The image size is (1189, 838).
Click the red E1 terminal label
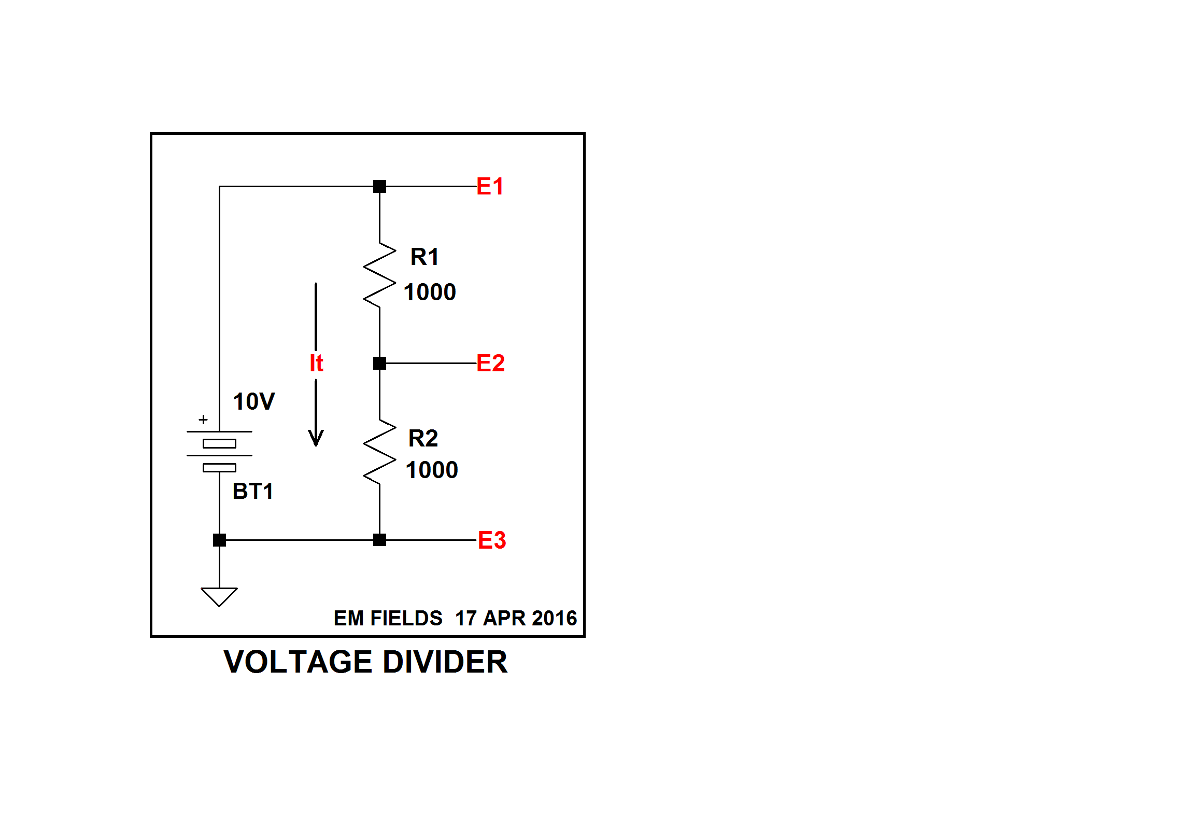tap(490, 186)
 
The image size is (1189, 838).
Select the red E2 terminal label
tap(490, 363)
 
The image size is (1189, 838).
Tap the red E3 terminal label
tap(491, 540)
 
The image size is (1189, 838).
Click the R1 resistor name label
tap(424, 257)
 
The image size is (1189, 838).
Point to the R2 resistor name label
tap(423, 438)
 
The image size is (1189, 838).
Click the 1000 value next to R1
tap(430, 292)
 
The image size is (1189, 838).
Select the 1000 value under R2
tap(432, 470)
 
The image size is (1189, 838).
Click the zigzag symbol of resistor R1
tap(379, 275)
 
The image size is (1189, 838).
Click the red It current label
tap(316, 363)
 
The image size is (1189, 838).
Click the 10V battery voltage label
tap(254, 401)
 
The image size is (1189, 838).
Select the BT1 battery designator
tap(253, 491)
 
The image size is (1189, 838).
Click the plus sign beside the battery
tap(203, 420)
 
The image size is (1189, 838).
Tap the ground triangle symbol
tap(219, 596)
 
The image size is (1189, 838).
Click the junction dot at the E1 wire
tap(379, 186)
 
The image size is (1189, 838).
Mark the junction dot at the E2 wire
tap(379, 363)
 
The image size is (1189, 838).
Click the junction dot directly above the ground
tap(219, 540)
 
